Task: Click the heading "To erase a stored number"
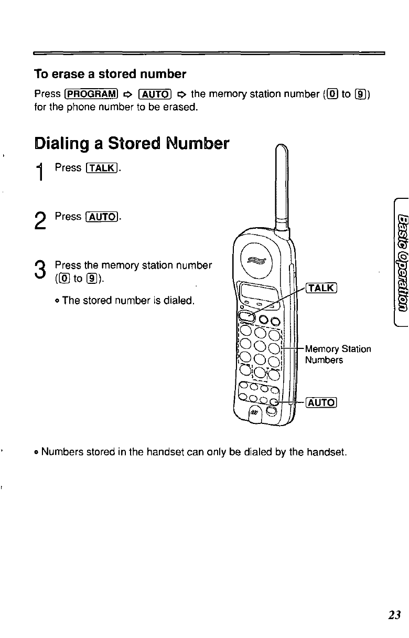[x=110, y=73]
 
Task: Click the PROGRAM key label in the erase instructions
[x=90, y=95]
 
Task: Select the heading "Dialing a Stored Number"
[x=132, y=143]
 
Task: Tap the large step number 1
[x=41, y=172]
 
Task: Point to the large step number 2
[x=41, y=220]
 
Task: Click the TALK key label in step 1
[x=103, y=168]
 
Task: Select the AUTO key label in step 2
[x=103, y=217]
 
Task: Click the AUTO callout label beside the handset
[x=322, y=403]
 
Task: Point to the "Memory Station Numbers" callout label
[x=338, y=354]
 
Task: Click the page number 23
[x=395, y=615]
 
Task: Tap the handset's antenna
[x=282, y=184]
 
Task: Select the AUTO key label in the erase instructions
[x=155, y=95]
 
